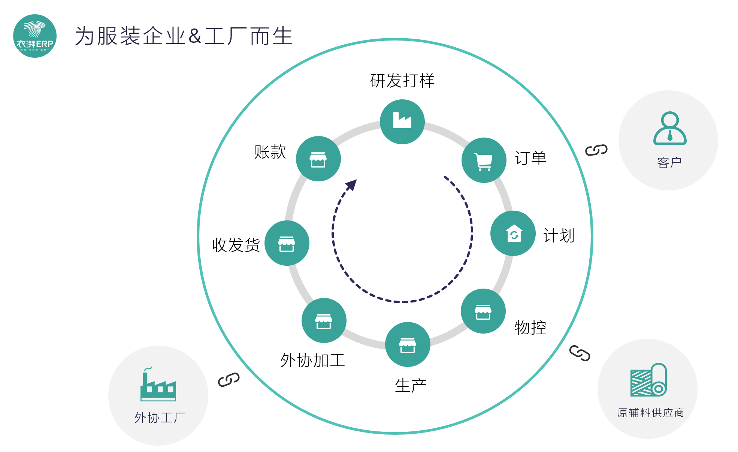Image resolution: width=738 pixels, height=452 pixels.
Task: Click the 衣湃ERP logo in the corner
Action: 35,36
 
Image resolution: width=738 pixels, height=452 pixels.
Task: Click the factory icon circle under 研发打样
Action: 402,121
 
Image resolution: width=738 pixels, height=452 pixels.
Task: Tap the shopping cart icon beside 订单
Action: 484,160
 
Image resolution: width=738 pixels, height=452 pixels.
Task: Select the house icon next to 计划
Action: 513,233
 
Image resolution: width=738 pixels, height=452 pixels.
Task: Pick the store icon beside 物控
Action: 483,311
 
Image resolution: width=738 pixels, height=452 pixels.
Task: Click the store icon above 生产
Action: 408,344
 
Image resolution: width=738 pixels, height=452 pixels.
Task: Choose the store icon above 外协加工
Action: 324,320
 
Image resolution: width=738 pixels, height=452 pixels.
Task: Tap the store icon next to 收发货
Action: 287,243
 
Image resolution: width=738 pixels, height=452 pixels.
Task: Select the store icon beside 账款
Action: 318,159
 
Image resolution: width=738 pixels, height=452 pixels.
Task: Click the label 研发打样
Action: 402,81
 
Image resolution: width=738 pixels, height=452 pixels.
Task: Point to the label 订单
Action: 530,158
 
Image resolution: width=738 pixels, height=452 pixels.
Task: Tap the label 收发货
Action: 236,245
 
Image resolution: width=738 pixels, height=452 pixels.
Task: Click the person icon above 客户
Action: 670,128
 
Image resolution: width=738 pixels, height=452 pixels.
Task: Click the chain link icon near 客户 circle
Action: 596,150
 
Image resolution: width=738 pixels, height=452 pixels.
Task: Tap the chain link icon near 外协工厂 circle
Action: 229,380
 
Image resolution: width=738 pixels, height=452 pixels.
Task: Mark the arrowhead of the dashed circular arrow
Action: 352,184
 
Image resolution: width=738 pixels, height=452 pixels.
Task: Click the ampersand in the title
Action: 195,36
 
